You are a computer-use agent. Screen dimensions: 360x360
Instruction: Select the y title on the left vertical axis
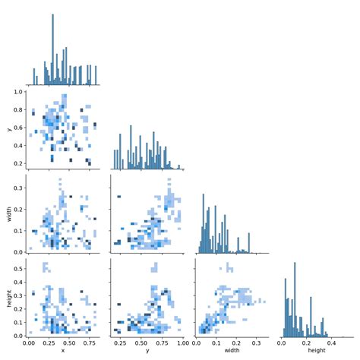8,129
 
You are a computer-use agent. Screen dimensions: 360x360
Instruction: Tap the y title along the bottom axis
147,351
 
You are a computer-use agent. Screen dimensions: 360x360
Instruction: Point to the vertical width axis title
8,214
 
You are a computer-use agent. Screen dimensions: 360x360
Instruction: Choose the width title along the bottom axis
231,351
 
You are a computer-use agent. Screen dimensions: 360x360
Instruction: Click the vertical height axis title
8,298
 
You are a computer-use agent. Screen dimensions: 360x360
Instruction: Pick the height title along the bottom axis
315,351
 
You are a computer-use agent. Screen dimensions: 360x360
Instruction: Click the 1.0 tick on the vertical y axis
17,91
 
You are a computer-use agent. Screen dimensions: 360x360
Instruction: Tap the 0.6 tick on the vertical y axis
17,128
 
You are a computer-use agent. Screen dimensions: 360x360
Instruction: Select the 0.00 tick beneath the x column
28,342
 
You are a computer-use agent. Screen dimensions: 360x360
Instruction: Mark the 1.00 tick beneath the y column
179,342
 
